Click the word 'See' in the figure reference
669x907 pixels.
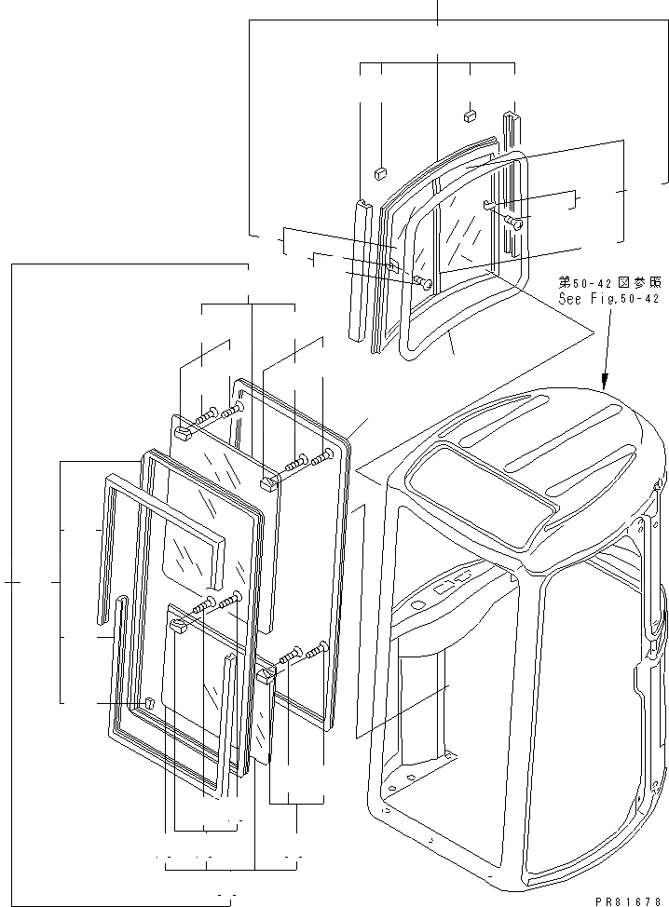pyautogui.click(x=569, y=300)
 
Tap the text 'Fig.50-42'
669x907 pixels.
pyautogui.click(x=625, y=300)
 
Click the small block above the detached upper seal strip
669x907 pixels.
pyautogui.click(x=380, y=172)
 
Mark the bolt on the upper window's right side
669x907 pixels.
pyautogui.click(x=514, y=222)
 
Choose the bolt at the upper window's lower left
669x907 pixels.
pyautogui.click(x=425, y=282)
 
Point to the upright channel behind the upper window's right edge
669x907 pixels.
pyautogui.click(x=512, y=186)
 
